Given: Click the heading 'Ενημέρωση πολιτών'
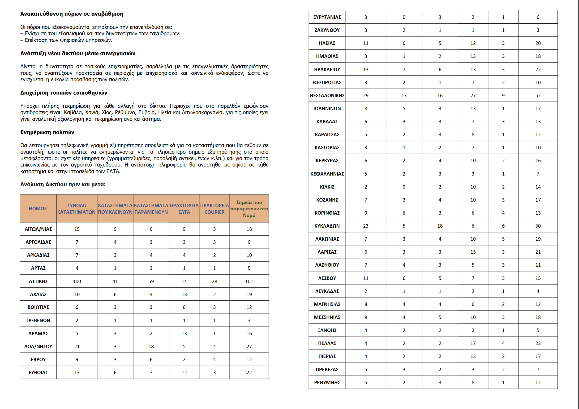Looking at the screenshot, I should [x=47, y=132].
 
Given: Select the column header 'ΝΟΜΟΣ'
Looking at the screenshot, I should [x=38, y=209].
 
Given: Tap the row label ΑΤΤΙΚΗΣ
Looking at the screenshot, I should [x=38, y=281].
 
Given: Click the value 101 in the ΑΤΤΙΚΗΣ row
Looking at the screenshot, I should [x=249, y=281].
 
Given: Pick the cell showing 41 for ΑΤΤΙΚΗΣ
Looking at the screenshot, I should [x=115, y=281].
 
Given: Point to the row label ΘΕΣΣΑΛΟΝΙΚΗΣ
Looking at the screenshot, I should [x=327, y=96].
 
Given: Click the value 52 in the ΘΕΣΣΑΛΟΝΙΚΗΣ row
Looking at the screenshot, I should [x=538, y=96].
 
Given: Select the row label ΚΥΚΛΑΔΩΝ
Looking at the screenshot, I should [x=327, y=226].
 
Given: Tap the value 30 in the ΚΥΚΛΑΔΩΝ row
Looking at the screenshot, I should [x=538, y=226].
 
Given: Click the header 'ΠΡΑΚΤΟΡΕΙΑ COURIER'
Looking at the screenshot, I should [x=215, y=209].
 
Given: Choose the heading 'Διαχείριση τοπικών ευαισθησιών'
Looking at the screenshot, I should [x=64, y=93].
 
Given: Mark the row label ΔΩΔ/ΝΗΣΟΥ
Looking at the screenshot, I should [x=38, y=347].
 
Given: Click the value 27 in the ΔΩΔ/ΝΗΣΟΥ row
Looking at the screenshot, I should [x=249, y=347].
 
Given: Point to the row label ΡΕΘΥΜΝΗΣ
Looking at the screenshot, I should [x=327, y=383].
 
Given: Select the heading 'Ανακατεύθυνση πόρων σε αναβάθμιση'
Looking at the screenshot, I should [x=72, y=14].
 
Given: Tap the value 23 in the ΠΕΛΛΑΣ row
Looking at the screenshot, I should [x=538, y=343].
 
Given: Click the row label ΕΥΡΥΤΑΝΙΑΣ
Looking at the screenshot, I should [x=327, y=17].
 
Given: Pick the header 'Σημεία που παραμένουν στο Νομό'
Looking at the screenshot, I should [x=249, y=209].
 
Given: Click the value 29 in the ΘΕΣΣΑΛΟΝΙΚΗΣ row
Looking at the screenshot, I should [x=366, y=96].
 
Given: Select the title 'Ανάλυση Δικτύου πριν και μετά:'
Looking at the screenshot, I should [x=63, y=184].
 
